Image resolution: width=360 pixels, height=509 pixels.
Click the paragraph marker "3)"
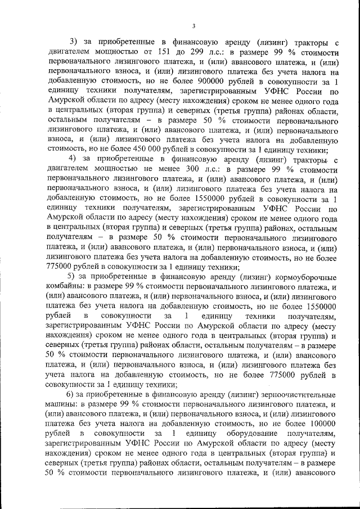pyautogui.click(x=74, y=42)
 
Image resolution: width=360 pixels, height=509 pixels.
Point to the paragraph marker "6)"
pyautogui.click(x=71, y=393)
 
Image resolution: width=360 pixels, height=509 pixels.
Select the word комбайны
pyautogui.click(x=62, y=288)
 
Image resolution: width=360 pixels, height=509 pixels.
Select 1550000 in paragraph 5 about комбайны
pyautogui.click(x=318, y=308)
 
